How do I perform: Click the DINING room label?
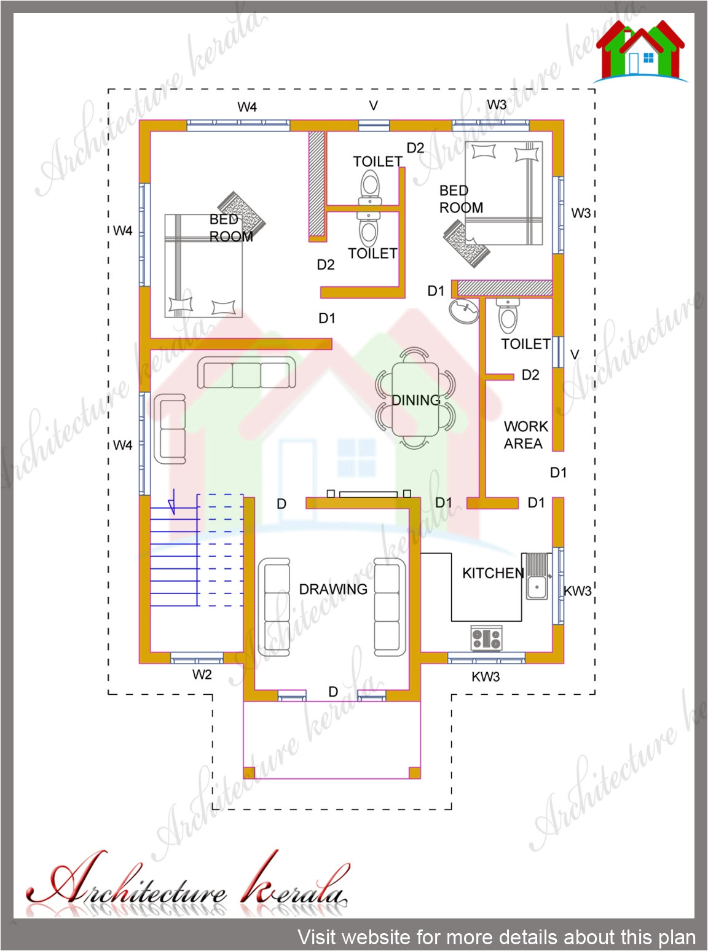click(x=416, y=401)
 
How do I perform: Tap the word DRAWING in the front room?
click(x=333, y=589)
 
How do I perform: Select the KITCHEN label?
click(x=493, y=573)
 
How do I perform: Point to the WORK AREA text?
click(x=525, y=435)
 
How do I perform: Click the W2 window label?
click(x=202, y=675)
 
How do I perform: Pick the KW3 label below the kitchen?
click(x=486, y=677)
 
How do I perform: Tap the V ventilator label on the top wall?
click(x=373, y=106)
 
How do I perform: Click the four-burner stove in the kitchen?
click(x=486, y=638)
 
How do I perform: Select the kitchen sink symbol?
click(x=537, y=577)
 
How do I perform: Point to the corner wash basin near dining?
click(x=464, y=311)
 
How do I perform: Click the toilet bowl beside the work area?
click(x=508, y=316)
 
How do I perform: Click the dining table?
click(x=415, y=399)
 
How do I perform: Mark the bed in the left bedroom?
click(x=203, y=265)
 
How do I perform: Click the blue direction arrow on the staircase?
click(x=173, y=501)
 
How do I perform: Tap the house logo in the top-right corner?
click(x=640, y=52)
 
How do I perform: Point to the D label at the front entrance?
click(x=333, y=692)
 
